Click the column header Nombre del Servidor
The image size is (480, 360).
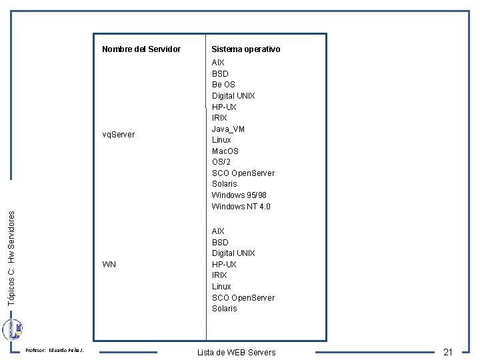(x=141, y=49)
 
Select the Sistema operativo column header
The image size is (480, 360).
(x=245, y=49)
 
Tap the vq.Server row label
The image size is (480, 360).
(x=118, y=135)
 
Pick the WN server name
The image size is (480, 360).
(x=109, y=265)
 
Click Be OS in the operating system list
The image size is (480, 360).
(x=223, y=85)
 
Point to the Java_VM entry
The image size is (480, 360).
(x=228, y=129)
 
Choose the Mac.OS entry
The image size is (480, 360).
(x=225, y=151)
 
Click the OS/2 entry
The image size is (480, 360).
(x=221, y=162)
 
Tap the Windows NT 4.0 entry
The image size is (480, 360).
(x=241, y=207)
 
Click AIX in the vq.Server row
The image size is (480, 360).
(x=218, y=63)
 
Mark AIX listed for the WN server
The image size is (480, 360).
(x=218, y=231)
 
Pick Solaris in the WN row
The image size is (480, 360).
(x=224, y=309)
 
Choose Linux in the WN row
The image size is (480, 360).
(x=221, y=287)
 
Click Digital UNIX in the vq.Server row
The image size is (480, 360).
(x=233, y=96)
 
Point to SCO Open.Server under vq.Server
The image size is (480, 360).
(x=243, y=173)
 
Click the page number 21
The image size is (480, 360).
(x=448, y=352)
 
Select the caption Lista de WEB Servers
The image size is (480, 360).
(x=236, y=352)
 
